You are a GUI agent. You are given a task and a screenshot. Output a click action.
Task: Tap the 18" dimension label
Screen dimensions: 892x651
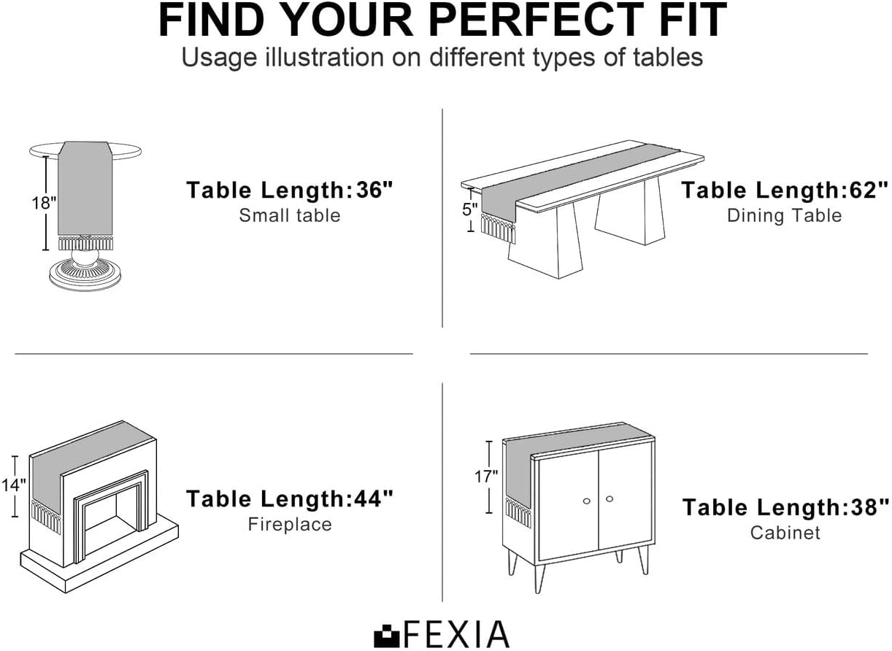pos(45,203)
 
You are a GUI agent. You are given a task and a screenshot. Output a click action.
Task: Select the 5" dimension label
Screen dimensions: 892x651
pos(470,209)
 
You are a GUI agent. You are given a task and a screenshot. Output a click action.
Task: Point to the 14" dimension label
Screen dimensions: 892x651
pos(14,485)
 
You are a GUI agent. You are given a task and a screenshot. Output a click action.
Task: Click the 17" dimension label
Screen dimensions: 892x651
pos(486,476)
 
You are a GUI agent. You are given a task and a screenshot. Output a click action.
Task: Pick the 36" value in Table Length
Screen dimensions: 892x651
pos(374,190)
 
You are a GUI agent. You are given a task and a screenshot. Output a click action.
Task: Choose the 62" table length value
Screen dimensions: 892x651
pos(869,190)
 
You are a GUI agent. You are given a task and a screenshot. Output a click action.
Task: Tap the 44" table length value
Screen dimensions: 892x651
pos(374,498)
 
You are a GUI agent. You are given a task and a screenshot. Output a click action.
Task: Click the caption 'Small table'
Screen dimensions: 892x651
pos(290,215)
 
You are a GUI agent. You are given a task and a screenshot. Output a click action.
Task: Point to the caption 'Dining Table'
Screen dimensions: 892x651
pos(785,215)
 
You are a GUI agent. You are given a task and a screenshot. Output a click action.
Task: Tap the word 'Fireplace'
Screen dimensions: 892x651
pos(290,525)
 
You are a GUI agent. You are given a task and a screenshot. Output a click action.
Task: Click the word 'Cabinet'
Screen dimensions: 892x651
pos(785,533)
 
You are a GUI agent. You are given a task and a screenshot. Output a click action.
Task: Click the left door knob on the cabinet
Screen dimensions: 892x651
pos(587,501)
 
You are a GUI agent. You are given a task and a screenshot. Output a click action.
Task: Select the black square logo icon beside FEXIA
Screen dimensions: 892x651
pos(386,635)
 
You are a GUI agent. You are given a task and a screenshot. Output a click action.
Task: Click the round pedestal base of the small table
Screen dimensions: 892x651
pos(85,274)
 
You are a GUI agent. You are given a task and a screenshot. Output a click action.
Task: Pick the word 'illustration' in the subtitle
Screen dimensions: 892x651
pos(324,57)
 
